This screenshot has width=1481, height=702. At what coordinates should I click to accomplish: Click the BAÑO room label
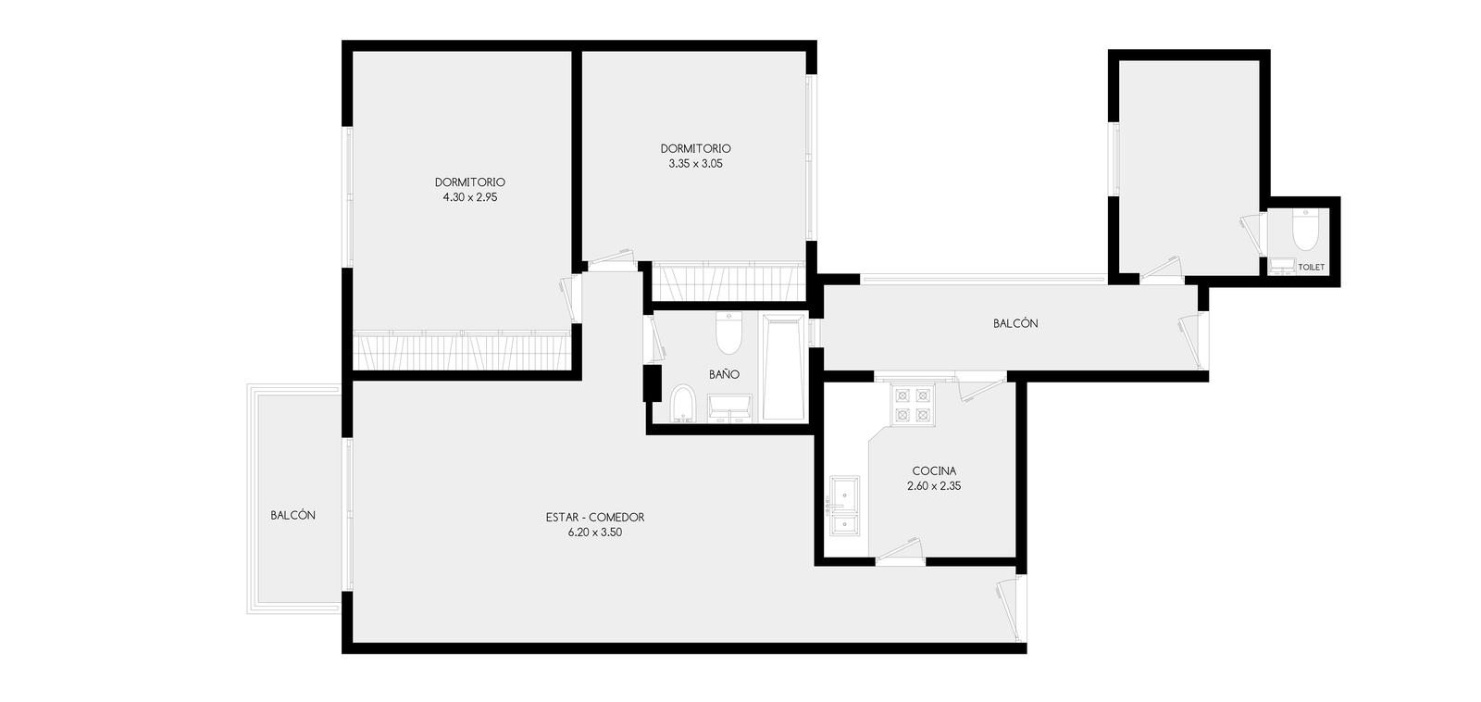pos(724,374)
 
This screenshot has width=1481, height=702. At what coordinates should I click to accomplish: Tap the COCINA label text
pos(934,471)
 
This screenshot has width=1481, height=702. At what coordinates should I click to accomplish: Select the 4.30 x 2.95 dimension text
pos(470,197)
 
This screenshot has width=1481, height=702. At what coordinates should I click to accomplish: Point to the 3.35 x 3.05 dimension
pos(695,163)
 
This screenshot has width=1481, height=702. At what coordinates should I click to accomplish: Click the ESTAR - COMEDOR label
pos(595,518)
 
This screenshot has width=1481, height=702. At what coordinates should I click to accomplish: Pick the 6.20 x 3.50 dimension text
pos(595,533)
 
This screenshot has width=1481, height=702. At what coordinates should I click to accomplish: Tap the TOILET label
pos(1312,268)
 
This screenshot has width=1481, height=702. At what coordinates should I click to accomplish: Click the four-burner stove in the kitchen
pos(913,405)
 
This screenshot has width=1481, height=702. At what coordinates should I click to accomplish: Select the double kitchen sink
pos(845,506)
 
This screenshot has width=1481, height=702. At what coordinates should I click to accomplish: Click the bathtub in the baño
pos(783,368)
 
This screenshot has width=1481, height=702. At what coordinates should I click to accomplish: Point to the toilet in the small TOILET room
pos(1304,229)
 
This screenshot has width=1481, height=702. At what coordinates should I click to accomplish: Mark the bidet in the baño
pos(683,403)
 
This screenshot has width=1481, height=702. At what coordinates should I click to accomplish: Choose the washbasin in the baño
pos(730,408)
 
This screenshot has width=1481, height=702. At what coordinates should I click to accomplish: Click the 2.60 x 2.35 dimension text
pos(934,486)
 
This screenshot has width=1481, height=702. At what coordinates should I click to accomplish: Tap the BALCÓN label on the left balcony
pos(292,516)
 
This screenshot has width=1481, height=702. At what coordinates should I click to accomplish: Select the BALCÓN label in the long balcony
pos(1015,323)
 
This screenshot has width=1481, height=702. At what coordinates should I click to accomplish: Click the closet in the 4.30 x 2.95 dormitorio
pos(462,350)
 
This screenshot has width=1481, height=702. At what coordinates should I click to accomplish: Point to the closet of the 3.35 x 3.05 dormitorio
pos(728,282)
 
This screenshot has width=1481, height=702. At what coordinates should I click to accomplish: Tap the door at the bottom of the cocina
pos(899,552)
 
